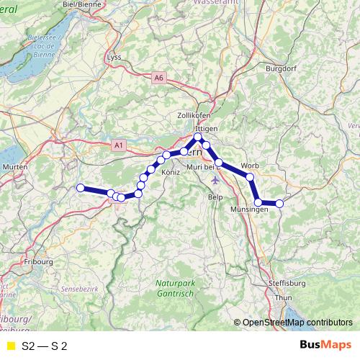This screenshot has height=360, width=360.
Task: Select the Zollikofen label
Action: [x=193, y=115]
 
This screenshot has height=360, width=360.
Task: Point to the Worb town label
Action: [x=251, y=164]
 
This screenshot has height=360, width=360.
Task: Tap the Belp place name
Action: [x=215, y=197]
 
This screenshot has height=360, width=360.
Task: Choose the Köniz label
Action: [x=171, y=173]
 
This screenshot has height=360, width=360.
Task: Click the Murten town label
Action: [x=15, y=167]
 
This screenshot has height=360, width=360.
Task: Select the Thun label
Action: [x=284, y=297]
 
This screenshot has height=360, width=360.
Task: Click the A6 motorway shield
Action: [x=159, y=77]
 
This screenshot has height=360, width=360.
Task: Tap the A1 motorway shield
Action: [x=119, y=145]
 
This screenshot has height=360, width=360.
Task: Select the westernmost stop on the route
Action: [x=81, y=188]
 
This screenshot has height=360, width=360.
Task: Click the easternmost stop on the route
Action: [x=280, y=203]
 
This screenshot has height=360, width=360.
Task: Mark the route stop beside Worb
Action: [x=250, y=176]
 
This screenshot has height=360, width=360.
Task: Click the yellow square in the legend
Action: [x=9, y=346]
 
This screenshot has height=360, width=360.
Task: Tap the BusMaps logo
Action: [x=322, y=346]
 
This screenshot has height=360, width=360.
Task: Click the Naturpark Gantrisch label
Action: [x=175, y=288]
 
